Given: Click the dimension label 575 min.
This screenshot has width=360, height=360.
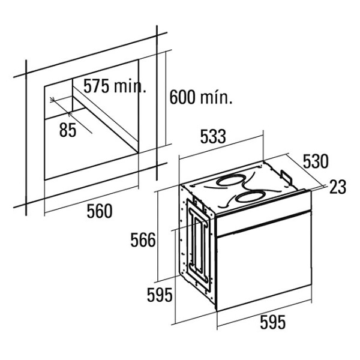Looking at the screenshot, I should [x=114, y=86].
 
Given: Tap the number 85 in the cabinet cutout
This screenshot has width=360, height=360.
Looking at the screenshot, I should [x=68, y=130].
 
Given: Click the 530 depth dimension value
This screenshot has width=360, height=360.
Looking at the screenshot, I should [x=315, y=162].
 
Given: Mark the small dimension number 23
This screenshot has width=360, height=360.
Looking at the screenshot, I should [x=338, y=187].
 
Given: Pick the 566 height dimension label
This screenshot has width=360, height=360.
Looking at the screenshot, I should [x=143, y=241].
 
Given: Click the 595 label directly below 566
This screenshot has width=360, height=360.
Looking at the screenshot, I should [x=160, y=295].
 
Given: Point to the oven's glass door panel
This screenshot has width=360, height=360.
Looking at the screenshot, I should [x=264, y=270].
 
